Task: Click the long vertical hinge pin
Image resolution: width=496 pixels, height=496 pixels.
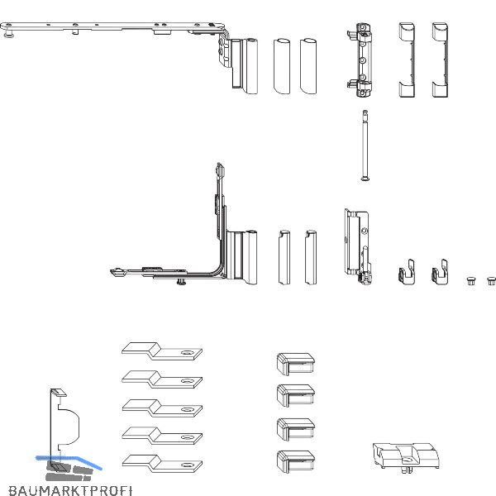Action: click(365, 145)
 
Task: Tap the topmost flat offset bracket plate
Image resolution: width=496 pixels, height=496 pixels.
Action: click(162, 351)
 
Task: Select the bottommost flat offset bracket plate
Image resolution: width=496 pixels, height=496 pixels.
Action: click(162, 464)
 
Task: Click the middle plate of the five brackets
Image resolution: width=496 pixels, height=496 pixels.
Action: click(162, 408)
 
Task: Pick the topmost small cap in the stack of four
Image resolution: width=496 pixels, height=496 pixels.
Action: click(296, 364)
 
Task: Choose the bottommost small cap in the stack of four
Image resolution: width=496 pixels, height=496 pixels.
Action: click(296, 461)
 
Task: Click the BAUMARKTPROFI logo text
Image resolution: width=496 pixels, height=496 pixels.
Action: click(70, 490)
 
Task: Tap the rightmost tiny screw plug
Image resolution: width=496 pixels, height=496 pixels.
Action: click(491, 281)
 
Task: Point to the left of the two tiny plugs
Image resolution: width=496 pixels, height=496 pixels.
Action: click(470, 281)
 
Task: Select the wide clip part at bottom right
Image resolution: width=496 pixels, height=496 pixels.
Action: click(406, 457)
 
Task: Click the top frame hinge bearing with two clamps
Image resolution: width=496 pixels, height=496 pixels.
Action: click(360, 60)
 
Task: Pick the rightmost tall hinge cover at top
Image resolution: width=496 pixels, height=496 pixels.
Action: click(440, 60)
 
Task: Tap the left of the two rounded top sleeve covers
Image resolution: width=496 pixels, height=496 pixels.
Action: click(282, 66)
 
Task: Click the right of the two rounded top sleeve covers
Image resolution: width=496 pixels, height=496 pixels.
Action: click(308, 66)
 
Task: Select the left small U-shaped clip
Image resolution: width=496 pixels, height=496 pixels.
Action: click(407, 273)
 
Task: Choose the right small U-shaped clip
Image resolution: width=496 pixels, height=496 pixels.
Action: click(440, 273)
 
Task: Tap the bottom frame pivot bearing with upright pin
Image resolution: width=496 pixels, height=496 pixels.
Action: click(359, 247)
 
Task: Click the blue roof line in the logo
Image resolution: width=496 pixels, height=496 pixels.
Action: click(69, 462)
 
